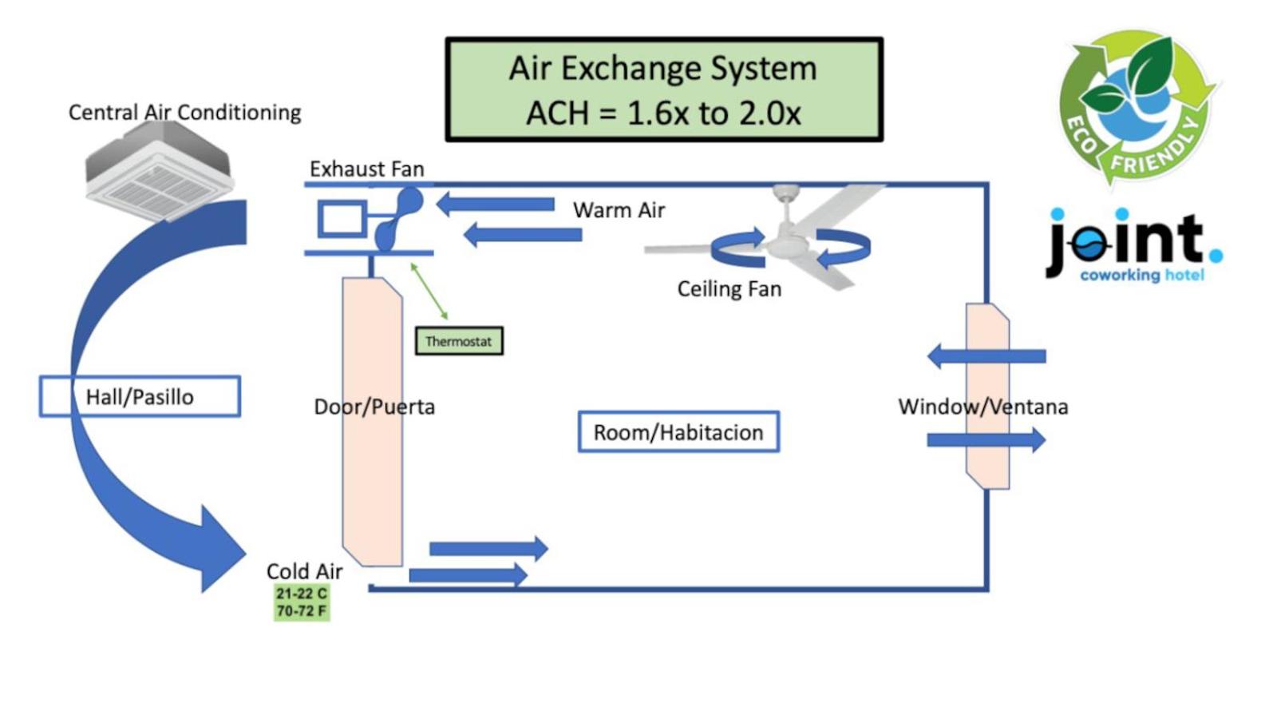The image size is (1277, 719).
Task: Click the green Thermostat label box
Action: pos(459,341)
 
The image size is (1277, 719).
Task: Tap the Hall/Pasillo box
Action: pos(140,396)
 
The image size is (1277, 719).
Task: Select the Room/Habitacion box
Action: pos(678,432)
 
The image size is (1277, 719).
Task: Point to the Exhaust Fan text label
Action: pos(366,169)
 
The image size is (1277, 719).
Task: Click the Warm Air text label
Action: pos(619,210)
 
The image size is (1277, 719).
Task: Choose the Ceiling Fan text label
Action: pos(729,289)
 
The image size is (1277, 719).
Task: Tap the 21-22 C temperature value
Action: pos(301,594)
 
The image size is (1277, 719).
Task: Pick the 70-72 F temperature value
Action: pos(301,611)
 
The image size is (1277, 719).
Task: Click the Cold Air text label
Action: pos(304,571)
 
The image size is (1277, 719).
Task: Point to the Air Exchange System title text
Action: pos(662,69)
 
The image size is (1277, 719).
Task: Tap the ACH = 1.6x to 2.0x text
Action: pos(662,113)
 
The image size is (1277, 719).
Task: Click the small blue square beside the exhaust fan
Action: pos(342,219)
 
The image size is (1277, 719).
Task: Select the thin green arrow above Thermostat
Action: pos(429,291)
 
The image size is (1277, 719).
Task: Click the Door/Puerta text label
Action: pos(374,407)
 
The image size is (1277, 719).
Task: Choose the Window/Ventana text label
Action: pos(982,407)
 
